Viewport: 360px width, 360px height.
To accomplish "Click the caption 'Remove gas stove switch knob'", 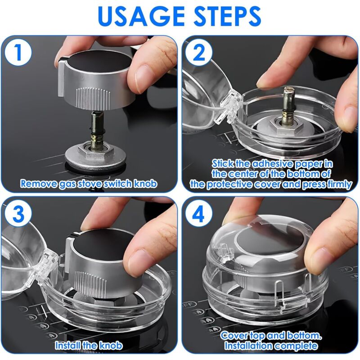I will coord(89,184).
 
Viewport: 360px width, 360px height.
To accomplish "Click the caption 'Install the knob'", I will coord(84,346).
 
